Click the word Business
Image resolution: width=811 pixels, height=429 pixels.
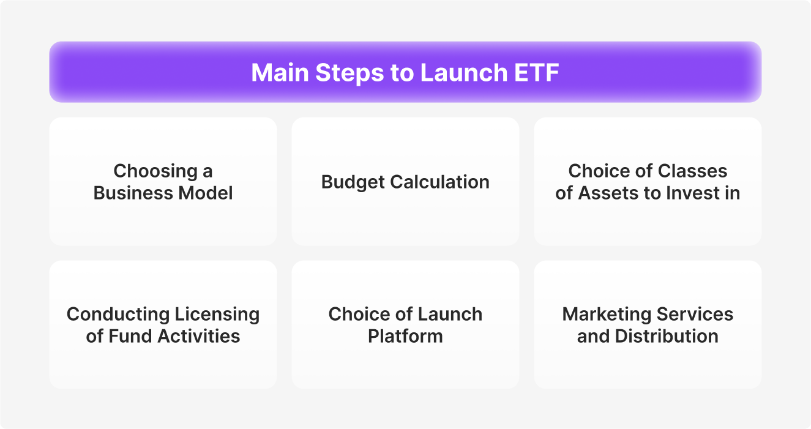tap(133, 193)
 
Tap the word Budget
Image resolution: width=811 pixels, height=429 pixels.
tap(353, 182)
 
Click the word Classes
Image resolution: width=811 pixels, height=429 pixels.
tap(692, 171)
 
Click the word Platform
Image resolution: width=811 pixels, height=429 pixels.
tap(405, 336)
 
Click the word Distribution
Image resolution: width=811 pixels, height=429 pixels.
tap(667, 336)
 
